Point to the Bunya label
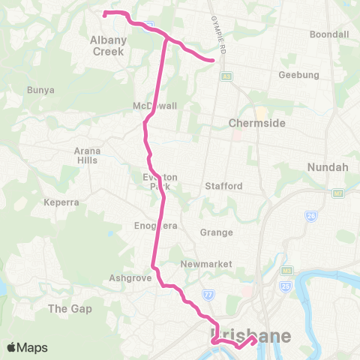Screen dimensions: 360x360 [x=40, y=90]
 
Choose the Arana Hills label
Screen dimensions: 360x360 [x=87, y=155]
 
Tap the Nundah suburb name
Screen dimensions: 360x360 [x=327, y=167]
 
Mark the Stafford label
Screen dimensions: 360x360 [x=223, y=185]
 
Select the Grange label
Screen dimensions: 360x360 [x=216, y=232]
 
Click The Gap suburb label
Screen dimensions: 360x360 [x=69, y=308]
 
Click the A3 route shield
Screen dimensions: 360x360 [x=225, y=75]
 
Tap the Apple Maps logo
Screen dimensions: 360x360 [x=26, y=347]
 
